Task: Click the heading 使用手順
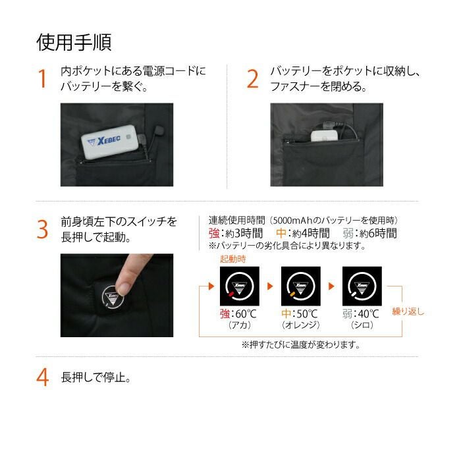pos(74,43)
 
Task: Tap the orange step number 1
pos(43,79)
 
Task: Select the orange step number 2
pos(252,79)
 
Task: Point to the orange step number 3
pos(42,230)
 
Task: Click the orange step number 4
pos(43,377)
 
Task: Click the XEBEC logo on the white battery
pos(105,141)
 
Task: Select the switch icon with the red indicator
pos(240,286)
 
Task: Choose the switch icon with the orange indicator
pos(301,286)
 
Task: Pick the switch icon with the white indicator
pos(362,286)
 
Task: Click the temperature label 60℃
pos(246,314)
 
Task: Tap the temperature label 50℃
pos(307,314)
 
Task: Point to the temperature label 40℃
pos(368,314)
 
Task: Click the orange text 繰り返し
pos(408,312)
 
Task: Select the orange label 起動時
pos(233,259)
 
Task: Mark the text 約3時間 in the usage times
pos(244,233)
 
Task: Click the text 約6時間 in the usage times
pos(379,233)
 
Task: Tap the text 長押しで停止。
pos(96,377)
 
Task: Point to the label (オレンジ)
pos(300,325)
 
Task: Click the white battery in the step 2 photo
pos(325,136)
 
